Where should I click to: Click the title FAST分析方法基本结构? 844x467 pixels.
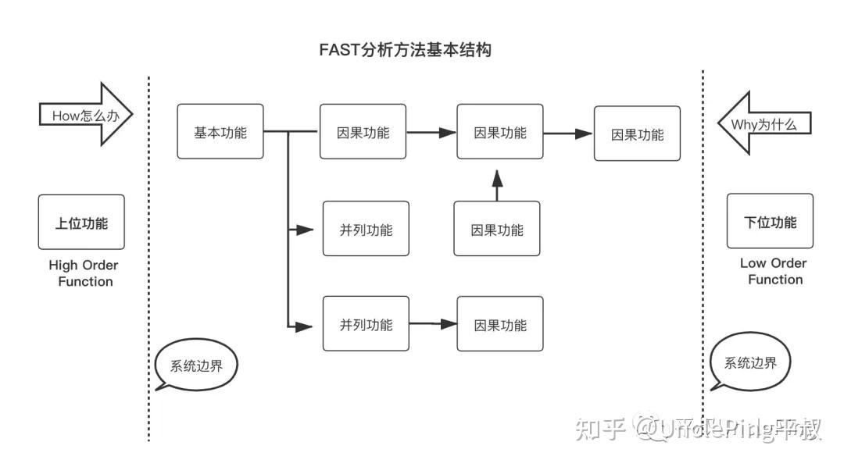click(405, 50)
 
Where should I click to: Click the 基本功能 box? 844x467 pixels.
click(220, 132)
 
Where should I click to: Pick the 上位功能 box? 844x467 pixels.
click(81, 223)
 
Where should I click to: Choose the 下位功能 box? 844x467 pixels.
click(770, 222)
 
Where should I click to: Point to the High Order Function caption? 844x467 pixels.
click(84, 273)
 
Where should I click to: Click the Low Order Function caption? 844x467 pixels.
click(773, 271)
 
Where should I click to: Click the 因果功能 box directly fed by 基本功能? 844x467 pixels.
click(363, 132)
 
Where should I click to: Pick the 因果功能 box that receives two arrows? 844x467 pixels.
click(500, 132)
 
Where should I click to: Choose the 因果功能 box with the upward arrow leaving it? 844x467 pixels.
click(497, 229)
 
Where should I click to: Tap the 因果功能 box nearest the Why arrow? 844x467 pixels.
click(637, 134)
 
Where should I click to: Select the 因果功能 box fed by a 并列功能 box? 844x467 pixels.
click(500, 323)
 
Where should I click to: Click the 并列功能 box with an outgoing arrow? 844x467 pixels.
click(366, 323)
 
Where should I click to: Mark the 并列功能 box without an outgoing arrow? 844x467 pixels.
click(366, 229)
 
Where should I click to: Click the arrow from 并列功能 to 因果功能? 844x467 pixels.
click(433, 323)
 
